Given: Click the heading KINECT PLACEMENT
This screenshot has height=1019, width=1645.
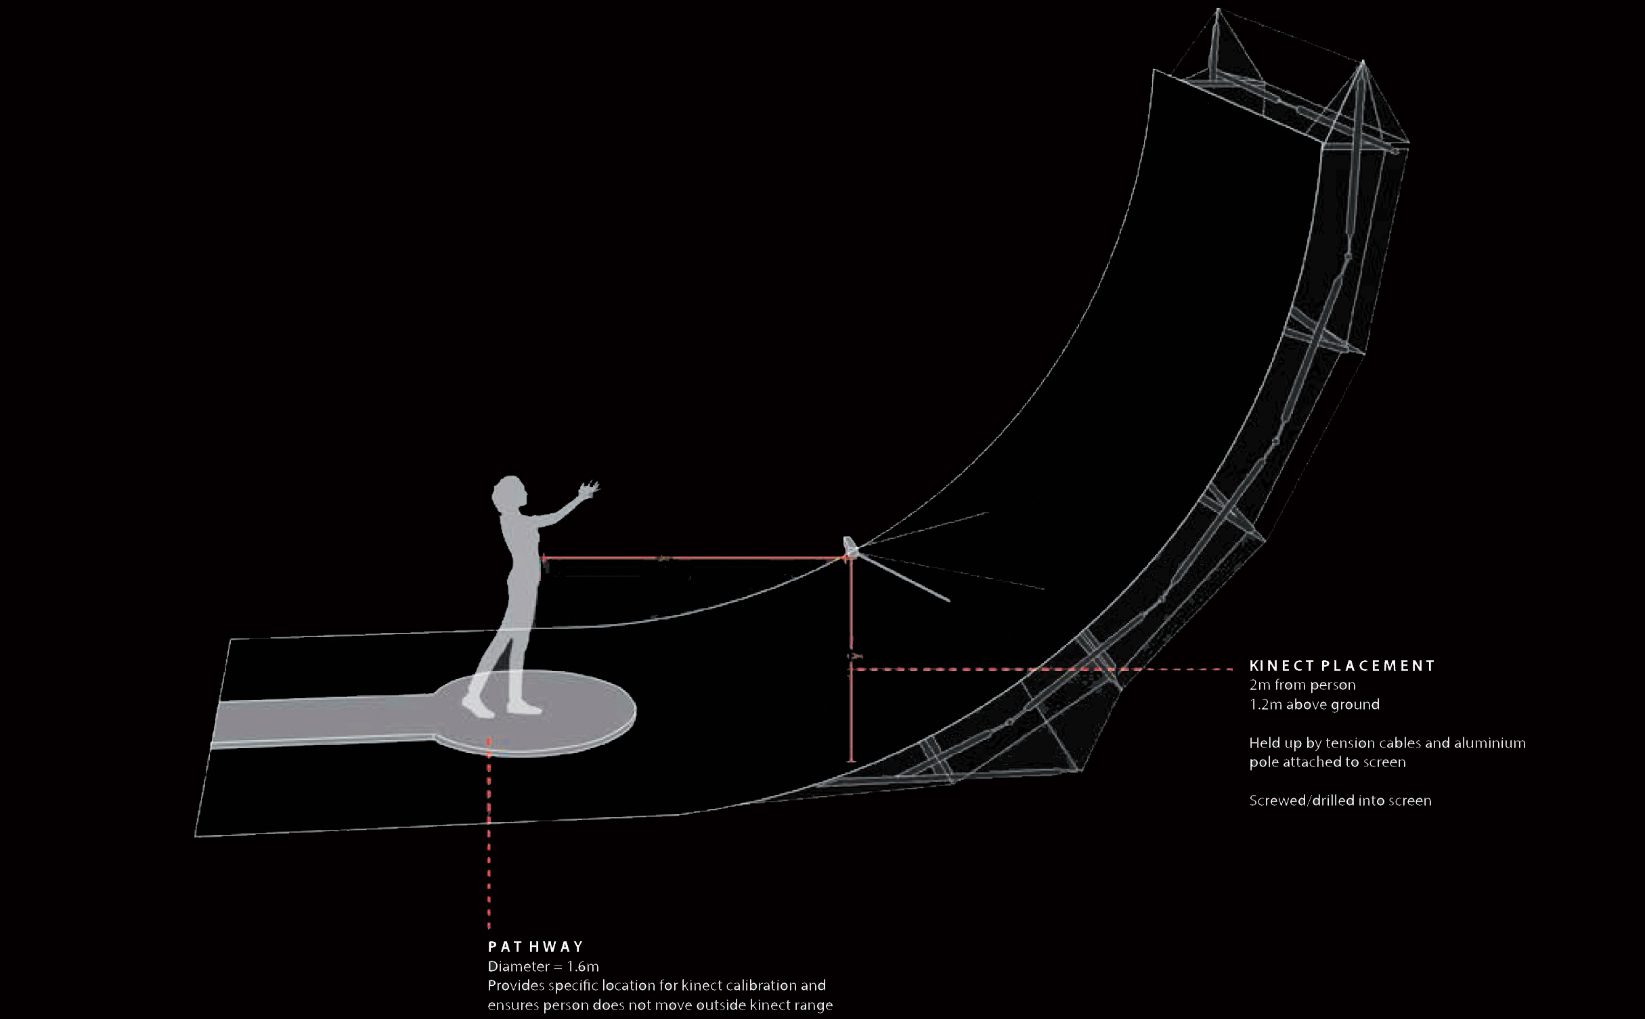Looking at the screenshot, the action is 1342,666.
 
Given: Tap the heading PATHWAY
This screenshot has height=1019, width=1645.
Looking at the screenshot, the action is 535,947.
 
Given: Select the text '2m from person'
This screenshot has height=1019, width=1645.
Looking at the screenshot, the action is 1302,685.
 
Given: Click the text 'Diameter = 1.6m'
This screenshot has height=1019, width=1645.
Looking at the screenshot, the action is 544,966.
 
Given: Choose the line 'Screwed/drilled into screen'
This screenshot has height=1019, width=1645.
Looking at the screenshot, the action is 1340,800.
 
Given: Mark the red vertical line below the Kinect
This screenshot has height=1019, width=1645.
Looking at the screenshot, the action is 851,661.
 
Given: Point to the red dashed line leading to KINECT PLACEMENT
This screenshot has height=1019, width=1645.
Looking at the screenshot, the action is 1041,669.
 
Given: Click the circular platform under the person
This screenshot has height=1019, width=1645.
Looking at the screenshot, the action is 535,712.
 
